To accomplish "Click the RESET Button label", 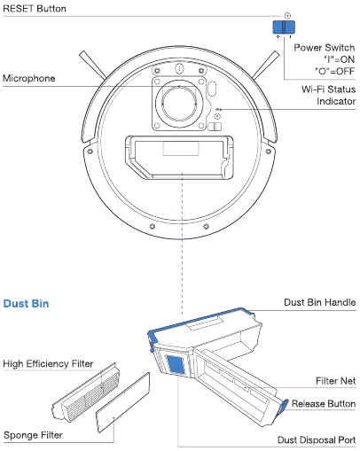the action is coord(35,8).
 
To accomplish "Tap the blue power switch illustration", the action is coord(284,27).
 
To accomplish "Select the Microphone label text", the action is coord(29,78).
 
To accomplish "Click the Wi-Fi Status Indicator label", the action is coord(328,95).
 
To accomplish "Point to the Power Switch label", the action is coord(325,48).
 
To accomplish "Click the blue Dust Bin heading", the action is coord(26,304).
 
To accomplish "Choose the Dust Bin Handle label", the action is coord(320,302).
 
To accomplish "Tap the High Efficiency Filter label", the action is coord(48,363).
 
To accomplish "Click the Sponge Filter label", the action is coord(33,435).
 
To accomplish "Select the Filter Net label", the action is coord(335,381).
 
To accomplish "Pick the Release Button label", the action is coord(324,403).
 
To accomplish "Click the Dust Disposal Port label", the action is coord(317,439).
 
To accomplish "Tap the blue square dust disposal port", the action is coord(176,365).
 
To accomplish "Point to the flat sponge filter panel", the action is coord(123,402).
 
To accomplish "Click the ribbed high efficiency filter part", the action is coord(86,393).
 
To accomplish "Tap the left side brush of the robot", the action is coord(92,65).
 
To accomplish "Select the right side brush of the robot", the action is coord(265,65).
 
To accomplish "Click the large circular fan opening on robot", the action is coord(179,104).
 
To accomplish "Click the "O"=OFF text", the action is coord(334,71).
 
